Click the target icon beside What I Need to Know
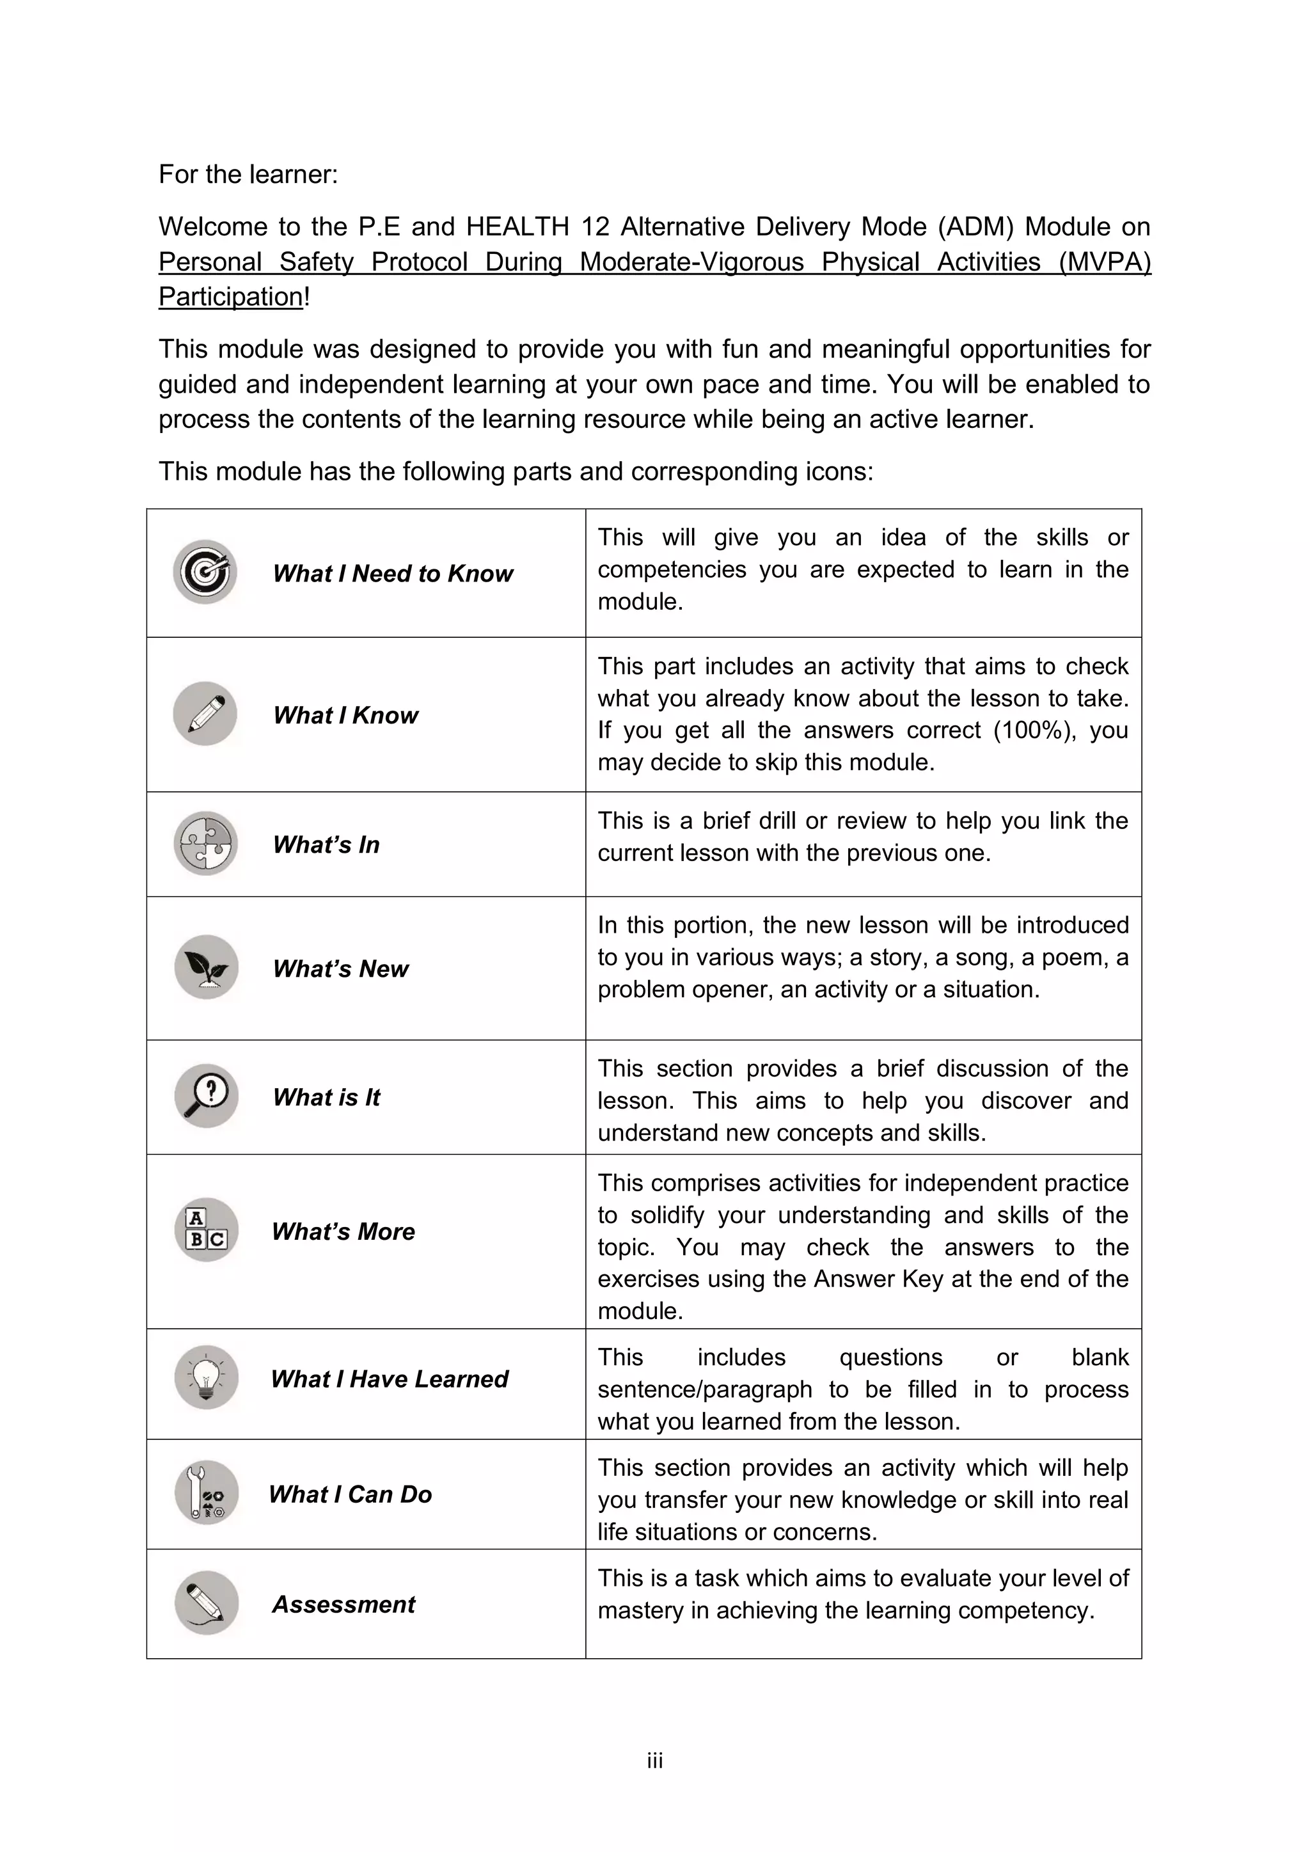click(205, 572)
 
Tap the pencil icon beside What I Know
click(205, 714)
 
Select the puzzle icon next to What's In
click(206, 844)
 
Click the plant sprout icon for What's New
click(207, 967)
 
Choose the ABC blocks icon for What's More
click(207, 1230)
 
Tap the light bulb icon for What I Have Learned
click(207, 1378)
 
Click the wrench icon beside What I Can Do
click(207, 1493)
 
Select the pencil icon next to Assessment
click(207, 1604)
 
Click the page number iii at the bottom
click(654, 1761)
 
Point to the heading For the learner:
click(248, 174)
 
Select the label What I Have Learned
click(390, 1379)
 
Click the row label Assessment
click(343, 1604)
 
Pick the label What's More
click(343, 1231)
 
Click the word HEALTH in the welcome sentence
click(517, 226)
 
